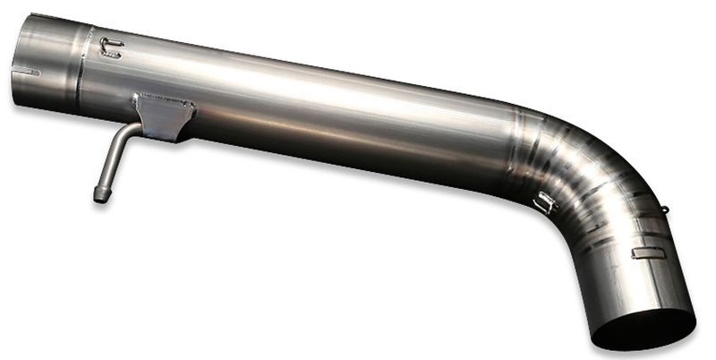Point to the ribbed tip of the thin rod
(x=100, y=193)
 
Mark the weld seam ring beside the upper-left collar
(x=81, y=67)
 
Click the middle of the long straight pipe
(x=313, y=107)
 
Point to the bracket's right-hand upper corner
(x=192, y=105)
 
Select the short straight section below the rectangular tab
(x=640, y=282)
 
